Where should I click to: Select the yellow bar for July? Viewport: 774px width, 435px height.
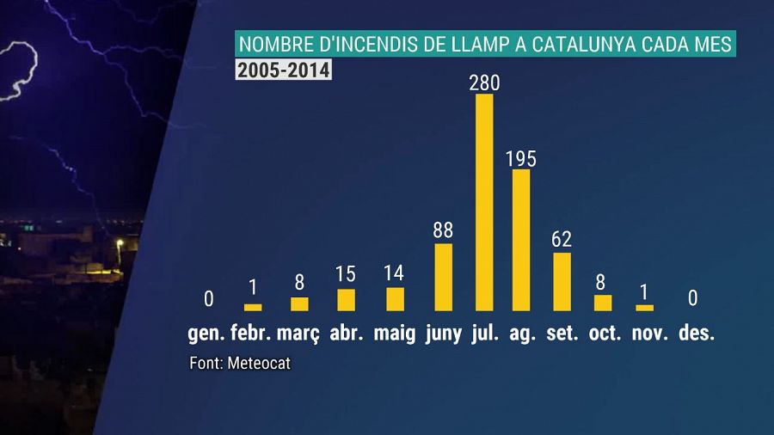(484, 202)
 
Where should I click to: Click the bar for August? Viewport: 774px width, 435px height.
(521, 240)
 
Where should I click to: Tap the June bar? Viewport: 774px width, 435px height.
(444, 277)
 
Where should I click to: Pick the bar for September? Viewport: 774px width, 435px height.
(562, 281)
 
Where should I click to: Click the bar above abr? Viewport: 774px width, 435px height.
(346, 299)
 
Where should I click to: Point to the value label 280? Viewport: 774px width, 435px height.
(484, 83)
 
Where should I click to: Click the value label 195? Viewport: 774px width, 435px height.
(521, 159)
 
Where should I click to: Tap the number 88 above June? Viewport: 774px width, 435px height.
(444, 231)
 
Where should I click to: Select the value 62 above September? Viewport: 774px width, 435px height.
(562, 239)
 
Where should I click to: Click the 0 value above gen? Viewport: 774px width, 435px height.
(208, 299)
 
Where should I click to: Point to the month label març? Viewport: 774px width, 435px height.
(298, 334)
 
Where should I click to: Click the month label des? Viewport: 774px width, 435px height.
(696, 334)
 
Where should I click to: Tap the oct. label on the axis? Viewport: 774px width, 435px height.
(605, 334)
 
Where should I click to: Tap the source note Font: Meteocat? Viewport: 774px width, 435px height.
(240, 364)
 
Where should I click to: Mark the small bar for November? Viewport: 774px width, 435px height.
(644, 307)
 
